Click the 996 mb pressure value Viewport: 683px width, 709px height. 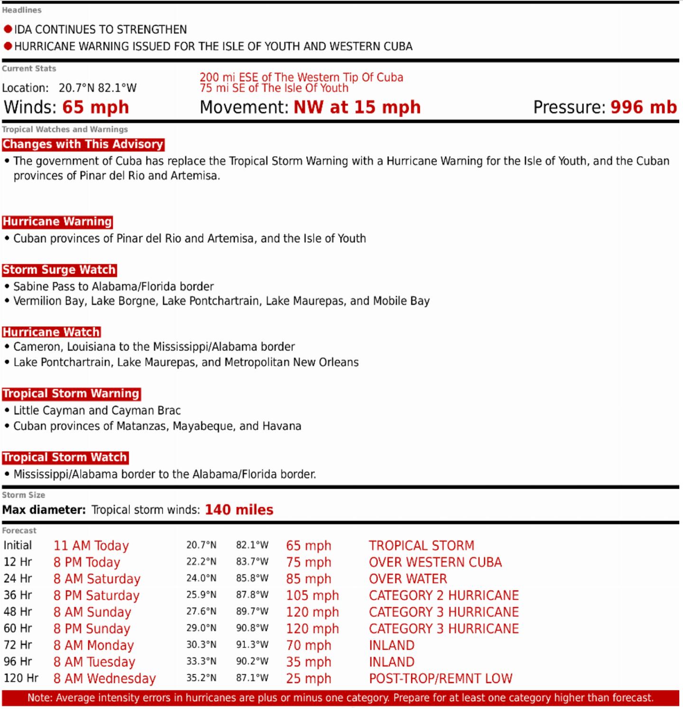pos(643,107)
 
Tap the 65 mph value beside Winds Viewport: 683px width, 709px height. pos(95,107)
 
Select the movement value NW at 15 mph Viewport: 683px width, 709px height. pos(357,107)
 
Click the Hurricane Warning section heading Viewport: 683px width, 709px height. pos(57,222)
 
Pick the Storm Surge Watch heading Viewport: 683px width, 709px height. pos(59,270)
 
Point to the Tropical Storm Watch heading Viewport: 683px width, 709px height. pos(65,457)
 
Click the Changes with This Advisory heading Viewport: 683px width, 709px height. pos(83,144)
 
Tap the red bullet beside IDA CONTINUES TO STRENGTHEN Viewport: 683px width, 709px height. pos(8,29)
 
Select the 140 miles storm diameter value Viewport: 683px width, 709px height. pos(239,510)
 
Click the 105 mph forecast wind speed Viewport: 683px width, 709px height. pos(312,596)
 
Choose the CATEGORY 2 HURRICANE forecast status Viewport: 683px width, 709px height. pos(443,596)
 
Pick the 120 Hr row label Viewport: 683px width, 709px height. pos(20,678)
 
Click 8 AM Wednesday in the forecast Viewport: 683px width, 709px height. pos(104,679)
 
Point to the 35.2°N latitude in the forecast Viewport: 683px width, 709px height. pos(201,678)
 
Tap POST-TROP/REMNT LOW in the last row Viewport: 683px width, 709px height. pos(440,679)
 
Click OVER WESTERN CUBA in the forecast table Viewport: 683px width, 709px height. pos(435,562)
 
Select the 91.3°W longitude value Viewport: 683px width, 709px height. pos(252,645)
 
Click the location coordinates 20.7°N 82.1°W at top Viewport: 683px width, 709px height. pos(97,88)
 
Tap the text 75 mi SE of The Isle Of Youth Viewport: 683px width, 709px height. pos(274,88)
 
